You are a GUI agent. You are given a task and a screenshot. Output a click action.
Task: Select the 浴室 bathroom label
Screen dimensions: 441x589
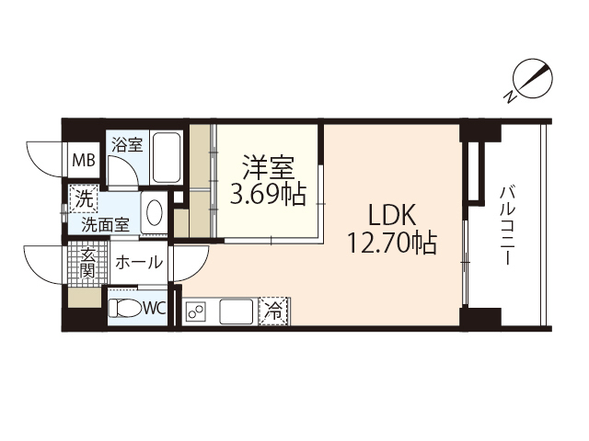coord(126,144)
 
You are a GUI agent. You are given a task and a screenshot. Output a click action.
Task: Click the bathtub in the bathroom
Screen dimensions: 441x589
coord(167,158)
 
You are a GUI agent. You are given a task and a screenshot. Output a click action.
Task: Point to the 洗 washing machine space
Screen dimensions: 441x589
coord(83,198)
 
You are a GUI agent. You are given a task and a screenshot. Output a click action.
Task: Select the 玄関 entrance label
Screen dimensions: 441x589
coord(87,263)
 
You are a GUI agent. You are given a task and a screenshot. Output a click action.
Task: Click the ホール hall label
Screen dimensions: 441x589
coord(138,263)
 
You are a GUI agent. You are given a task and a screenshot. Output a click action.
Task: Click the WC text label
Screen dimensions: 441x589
coord(154,309)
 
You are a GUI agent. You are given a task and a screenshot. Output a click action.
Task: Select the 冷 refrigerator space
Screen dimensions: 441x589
coord(274,311)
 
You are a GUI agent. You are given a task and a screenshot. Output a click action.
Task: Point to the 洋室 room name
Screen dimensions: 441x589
coord(267,169)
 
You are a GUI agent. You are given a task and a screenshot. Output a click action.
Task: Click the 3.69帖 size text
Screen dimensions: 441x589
coord(267,196)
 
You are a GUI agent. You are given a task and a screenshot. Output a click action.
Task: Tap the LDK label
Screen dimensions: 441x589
coord(393,216)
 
